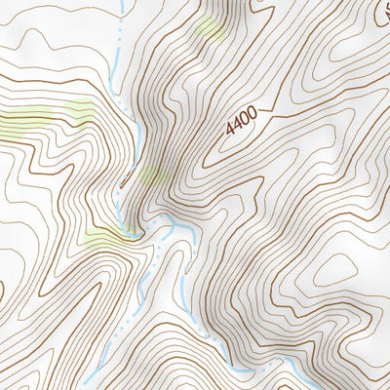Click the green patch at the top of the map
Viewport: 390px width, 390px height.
210,27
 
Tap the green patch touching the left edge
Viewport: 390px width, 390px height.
19,122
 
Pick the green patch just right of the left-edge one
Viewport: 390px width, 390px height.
80,110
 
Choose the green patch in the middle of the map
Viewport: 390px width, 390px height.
151,175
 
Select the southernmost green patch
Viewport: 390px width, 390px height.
102,236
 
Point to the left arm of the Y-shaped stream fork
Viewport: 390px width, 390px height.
146,231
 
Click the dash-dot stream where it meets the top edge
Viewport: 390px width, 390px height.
119,6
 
